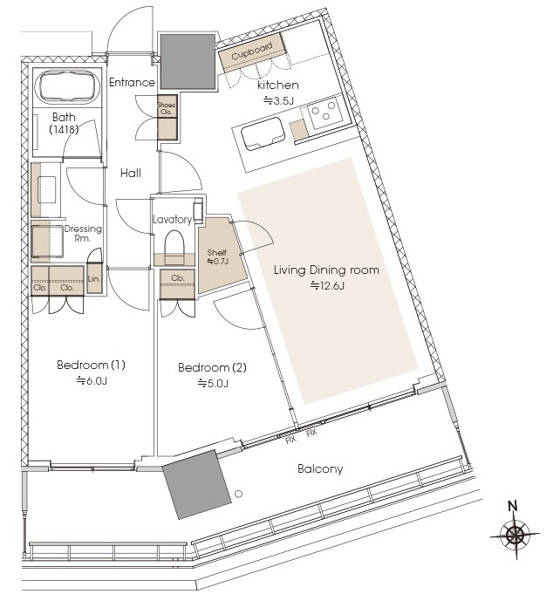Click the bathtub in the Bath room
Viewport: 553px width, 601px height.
[68, 87]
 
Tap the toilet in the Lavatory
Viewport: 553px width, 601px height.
[174, 247]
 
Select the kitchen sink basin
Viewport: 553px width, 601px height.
[263, 133]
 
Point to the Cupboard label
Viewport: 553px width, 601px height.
[252, 51]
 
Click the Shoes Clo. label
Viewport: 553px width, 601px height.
[167, 108]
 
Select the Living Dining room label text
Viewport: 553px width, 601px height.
[326, 270]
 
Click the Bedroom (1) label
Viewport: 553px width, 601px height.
[91, 365]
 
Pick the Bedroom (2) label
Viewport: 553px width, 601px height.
[212, 367]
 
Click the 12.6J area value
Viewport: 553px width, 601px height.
[327, 285]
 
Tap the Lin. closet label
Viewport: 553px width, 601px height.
[94, 278]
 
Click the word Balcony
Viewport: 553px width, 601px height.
[320, 468]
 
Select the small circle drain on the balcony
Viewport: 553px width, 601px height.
[239, 494]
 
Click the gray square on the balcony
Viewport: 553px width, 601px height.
[196, 484]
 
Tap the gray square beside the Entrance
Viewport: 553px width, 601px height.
[188, 62]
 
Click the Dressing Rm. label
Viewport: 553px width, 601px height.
[83, 234]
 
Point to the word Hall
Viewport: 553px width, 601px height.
[131, 173]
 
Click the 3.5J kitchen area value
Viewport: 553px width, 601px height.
[278, 101]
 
